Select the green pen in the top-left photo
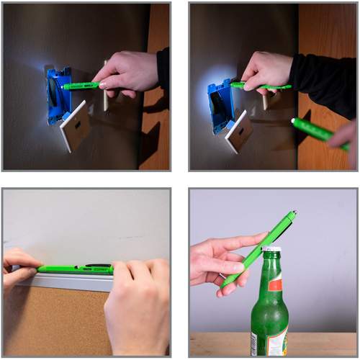coord(81,86)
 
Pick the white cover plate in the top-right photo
coord(240,130)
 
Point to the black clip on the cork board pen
coord(97,265)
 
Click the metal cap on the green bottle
coord(271,251)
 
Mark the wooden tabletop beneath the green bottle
coord(216,344)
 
